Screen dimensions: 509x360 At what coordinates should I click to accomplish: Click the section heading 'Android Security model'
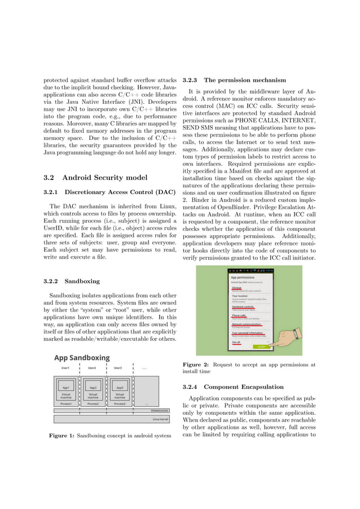pyautogui.click(x=104, y=178)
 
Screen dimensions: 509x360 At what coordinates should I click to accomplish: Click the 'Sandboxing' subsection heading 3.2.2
pyautogui.click(x=82, y=280)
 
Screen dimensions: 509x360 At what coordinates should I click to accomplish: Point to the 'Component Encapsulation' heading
pyautogui.click(x=243, y=387)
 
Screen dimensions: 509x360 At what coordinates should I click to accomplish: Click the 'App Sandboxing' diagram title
pyautogui.click(x=82, y=358)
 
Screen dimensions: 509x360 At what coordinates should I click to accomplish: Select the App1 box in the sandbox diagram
pyautogui.click(x=66, y=388)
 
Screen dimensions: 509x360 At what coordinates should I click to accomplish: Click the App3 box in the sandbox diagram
pyautogui.click(x=120, y=388)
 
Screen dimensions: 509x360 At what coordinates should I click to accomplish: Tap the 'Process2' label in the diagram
pyautogui.click(x=93, y=404)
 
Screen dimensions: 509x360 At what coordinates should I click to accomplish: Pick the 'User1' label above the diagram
pyautogui.click(x=65, y=368)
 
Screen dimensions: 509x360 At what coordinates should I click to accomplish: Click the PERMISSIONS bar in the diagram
pyautogui.click(x=160, y=411)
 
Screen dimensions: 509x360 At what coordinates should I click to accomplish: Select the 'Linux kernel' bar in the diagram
pyautogui.click(x=161, y=419)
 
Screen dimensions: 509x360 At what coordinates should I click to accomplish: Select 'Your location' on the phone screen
pyautogui.click(x=239, y=296)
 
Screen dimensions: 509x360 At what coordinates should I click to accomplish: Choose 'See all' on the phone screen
pyautogui.click(x=236, y=341)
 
